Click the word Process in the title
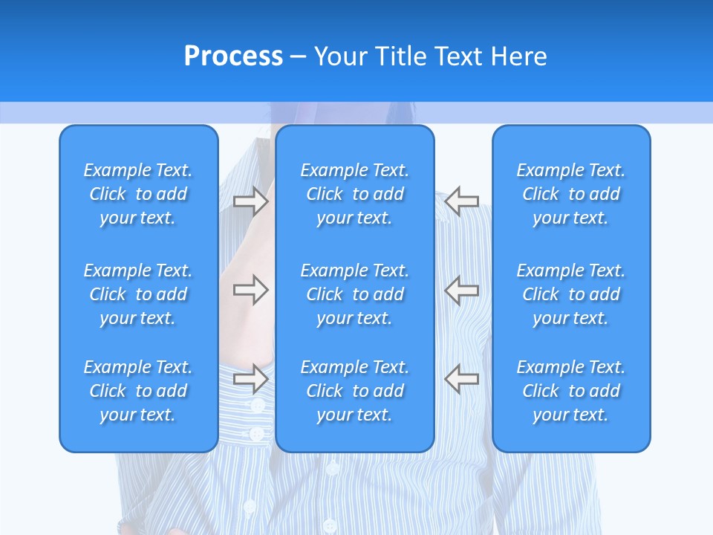233,56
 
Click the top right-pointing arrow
250,201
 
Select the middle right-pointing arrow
250,290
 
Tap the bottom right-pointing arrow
250,378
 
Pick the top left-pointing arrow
462,201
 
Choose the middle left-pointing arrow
462,290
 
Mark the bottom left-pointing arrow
462,378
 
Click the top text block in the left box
138,194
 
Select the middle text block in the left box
138,294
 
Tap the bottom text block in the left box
138,391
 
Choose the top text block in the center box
355,194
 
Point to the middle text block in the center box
355,294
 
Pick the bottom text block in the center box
355,391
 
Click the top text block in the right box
571,194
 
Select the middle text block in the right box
571,294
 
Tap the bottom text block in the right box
571,391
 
